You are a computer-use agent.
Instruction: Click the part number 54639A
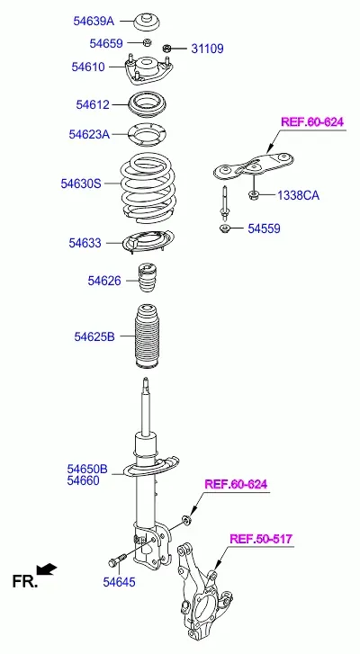point(94,21)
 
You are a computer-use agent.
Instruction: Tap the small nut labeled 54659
point(147,42)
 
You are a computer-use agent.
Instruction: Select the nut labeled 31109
point(167,48)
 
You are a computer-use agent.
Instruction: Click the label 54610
point(88,67)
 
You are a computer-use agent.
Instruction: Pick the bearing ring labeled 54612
point(148,104)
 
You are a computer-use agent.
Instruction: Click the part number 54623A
point(89,134)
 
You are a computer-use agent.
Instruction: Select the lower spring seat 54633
point(148,242)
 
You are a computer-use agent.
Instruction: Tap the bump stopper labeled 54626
point(147,280)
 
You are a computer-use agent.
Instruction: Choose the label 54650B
point(87,470)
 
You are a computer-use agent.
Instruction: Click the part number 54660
point(84,481)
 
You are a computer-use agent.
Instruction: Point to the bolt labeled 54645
point(117,560)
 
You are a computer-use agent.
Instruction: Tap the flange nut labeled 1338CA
point(253,194)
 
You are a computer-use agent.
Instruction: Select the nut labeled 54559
point(225,228)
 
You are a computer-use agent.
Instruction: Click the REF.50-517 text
point(261,539)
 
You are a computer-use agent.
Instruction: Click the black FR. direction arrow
point(47,569)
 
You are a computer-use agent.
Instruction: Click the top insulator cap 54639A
point(148,22)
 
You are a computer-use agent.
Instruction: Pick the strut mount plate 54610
point(148,69)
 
